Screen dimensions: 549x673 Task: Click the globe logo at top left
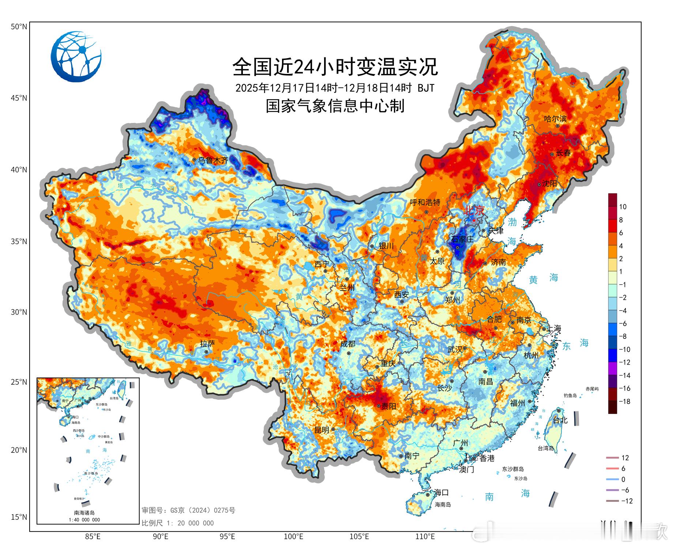(x=76, y=57)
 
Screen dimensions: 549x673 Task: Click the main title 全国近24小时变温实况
(x=335, y=67)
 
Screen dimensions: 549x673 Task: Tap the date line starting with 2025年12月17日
(x=335, y=88)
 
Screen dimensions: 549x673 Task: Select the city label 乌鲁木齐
(x=213, y=160)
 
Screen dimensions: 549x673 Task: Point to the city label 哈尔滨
(x=555, y=119)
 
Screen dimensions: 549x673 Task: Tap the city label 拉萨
(x=207, y=344)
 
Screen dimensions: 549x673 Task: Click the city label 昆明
(x=322, y=430)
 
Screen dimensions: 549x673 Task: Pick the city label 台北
(x=560, y=420)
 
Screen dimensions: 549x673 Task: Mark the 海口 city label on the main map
(x=441, y=493)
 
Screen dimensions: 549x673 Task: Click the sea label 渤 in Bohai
(x=512, y=222)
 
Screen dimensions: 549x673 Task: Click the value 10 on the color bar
(x=623, y=207)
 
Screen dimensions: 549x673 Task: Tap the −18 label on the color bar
(x=624, y=402)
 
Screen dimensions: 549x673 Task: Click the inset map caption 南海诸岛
(x=84, y=513)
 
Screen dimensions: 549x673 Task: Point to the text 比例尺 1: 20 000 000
(x=178, y=523)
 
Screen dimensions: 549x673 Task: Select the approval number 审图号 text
(x=188, y=510)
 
